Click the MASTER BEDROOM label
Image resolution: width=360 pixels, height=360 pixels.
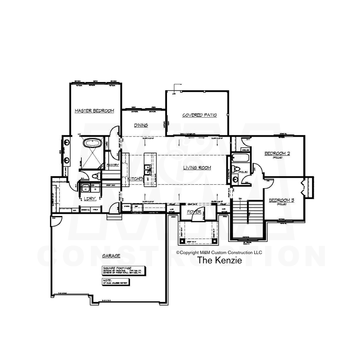point(94,111)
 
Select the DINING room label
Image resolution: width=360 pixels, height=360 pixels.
point(141,125)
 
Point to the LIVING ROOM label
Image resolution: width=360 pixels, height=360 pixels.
point(197,168)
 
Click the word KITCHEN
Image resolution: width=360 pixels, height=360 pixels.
point(136,179)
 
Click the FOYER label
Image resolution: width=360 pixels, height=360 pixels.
point(194,212)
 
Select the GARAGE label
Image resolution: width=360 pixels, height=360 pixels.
point(111,256)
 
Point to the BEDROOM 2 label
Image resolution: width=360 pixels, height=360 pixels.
point(277,154)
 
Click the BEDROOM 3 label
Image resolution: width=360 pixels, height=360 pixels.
point(282,200)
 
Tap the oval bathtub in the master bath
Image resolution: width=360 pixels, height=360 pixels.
point(93,143)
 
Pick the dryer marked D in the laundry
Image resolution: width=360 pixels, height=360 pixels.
point(95,188)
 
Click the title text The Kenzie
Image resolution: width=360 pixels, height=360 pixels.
point(219,260)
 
